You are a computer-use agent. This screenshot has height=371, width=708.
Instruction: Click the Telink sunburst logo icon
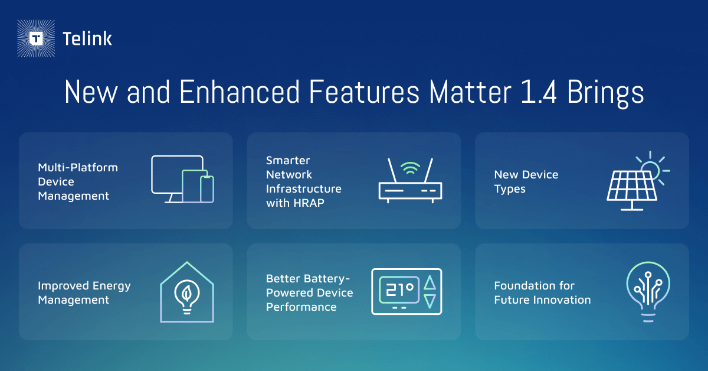[x=36, y=38]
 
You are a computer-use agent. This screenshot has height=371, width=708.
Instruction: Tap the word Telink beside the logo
[x=87, y=39]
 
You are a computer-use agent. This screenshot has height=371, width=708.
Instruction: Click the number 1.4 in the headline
[x=538, y=92]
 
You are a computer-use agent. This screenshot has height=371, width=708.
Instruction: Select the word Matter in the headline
[x=470, y=92]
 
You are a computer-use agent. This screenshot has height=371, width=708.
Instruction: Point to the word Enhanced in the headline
[x=240, y=92]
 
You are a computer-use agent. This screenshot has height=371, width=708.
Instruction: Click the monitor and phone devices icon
[x=183, y=179]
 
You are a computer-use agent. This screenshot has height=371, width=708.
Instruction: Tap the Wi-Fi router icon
[x=410, y=181]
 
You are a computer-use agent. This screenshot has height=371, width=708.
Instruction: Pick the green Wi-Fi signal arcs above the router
[x=410, y=168]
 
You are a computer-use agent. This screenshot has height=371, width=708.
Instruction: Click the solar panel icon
[x=638, y=181]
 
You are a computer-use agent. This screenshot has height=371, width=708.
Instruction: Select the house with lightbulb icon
[x=187, y=292]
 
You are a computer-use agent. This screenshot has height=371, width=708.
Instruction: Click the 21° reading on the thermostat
[x=399, y=289]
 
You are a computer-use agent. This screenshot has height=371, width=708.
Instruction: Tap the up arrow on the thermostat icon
[x=430, y=283]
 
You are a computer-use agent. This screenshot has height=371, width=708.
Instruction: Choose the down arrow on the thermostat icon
[x=430, y=301]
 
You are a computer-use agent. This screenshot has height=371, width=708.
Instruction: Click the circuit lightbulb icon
[x=648, y=292]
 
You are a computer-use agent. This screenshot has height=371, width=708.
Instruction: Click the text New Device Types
[x=526, y=182]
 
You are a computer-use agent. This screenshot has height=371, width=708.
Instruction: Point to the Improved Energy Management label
[x=84, y=293]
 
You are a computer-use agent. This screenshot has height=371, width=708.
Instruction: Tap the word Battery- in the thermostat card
[x=328, y=279]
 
